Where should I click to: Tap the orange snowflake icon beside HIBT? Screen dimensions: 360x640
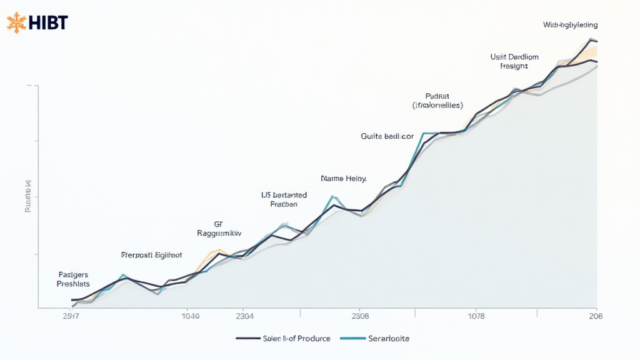pyautogui.click(x=17, y=23)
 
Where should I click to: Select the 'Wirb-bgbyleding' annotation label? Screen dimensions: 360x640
pyautogui.click(x=570, y=25)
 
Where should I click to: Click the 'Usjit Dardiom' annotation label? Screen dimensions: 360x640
pyautogui.click(x=514, y=57)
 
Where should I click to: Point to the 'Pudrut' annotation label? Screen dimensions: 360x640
pyautogui.click(x=437, y=96)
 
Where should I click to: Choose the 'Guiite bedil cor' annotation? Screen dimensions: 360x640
pyautogui.click(x=387, y=136)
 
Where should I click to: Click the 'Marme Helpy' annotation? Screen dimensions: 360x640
pyautogui.click(x=343, y=178)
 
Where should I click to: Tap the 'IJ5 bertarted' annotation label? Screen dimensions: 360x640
pyautogui.click(x=284, y=195)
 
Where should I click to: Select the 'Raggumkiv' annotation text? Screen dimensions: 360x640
pyautogui.click(x=219, y=232)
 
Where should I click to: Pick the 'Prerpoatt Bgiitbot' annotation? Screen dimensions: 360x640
pyautogui.click(x=151, y=255)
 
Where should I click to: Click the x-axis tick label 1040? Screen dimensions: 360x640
pyautogui.click(x=190, y=316)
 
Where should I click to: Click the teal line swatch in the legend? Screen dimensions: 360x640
pyautogui.click(x=352, y=338)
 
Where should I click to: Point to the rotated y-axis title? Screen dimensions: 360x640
pyautogui.click(x=27, y=197)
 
